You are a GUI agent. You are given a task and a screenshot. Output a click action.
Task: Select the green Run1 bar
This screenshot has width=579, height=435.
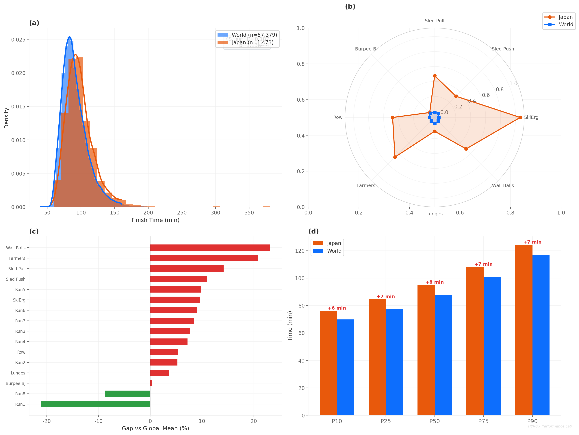(x=95, y=404)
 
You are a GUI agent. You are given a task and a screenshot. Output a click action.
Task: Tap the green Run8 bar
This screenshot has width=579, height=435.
(x=127, y=393)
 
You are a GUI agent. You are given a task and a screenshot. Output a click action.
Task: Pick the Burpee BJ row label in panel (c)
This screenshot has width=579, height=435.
(x=16, y=383)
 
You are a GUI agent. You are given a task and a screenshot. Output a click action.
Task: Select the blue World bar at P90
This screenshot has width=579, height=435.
(x=541, y=335)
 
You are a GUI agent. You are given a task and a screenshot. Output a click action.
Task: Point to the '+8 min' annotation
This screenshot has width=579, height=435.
(x=435, y=282)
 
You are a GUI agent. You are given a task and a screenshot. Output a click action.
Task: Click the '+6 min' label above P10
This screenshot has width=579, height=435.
(x=337, y=308)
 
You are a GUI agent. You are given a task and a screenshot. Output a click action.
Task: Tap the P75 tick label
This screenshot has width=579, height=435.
(x=483, y=421)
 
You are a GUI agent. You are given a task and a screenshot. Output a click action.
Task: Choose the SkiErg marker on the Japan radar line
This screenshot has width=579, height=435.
(x=520, y=117)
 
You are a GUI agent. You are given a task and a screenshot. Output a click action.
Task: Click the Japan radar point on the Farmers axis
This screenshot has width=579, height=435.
(x=395, y=157)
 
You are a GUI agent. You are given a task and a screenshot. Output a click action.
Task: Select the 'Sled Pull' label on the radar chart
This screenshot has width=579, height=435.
(x=435, y=21)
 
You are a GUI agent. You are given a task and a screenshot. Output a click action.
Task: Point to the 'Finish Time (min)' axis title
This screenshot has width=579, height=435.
(x=155, y=220)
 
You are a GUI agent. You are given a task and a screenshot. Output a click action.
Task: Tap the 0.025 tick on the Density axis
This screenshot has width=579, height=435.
(x=18, y=39)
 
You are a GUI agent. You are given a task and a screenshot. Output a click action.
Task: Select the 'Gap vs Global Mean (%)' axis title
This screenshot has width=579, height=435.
(x=155, y=428)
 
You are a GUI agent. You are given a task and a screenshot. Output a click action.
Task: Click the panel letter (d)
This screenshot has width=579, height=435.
(x=314, y=231)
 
